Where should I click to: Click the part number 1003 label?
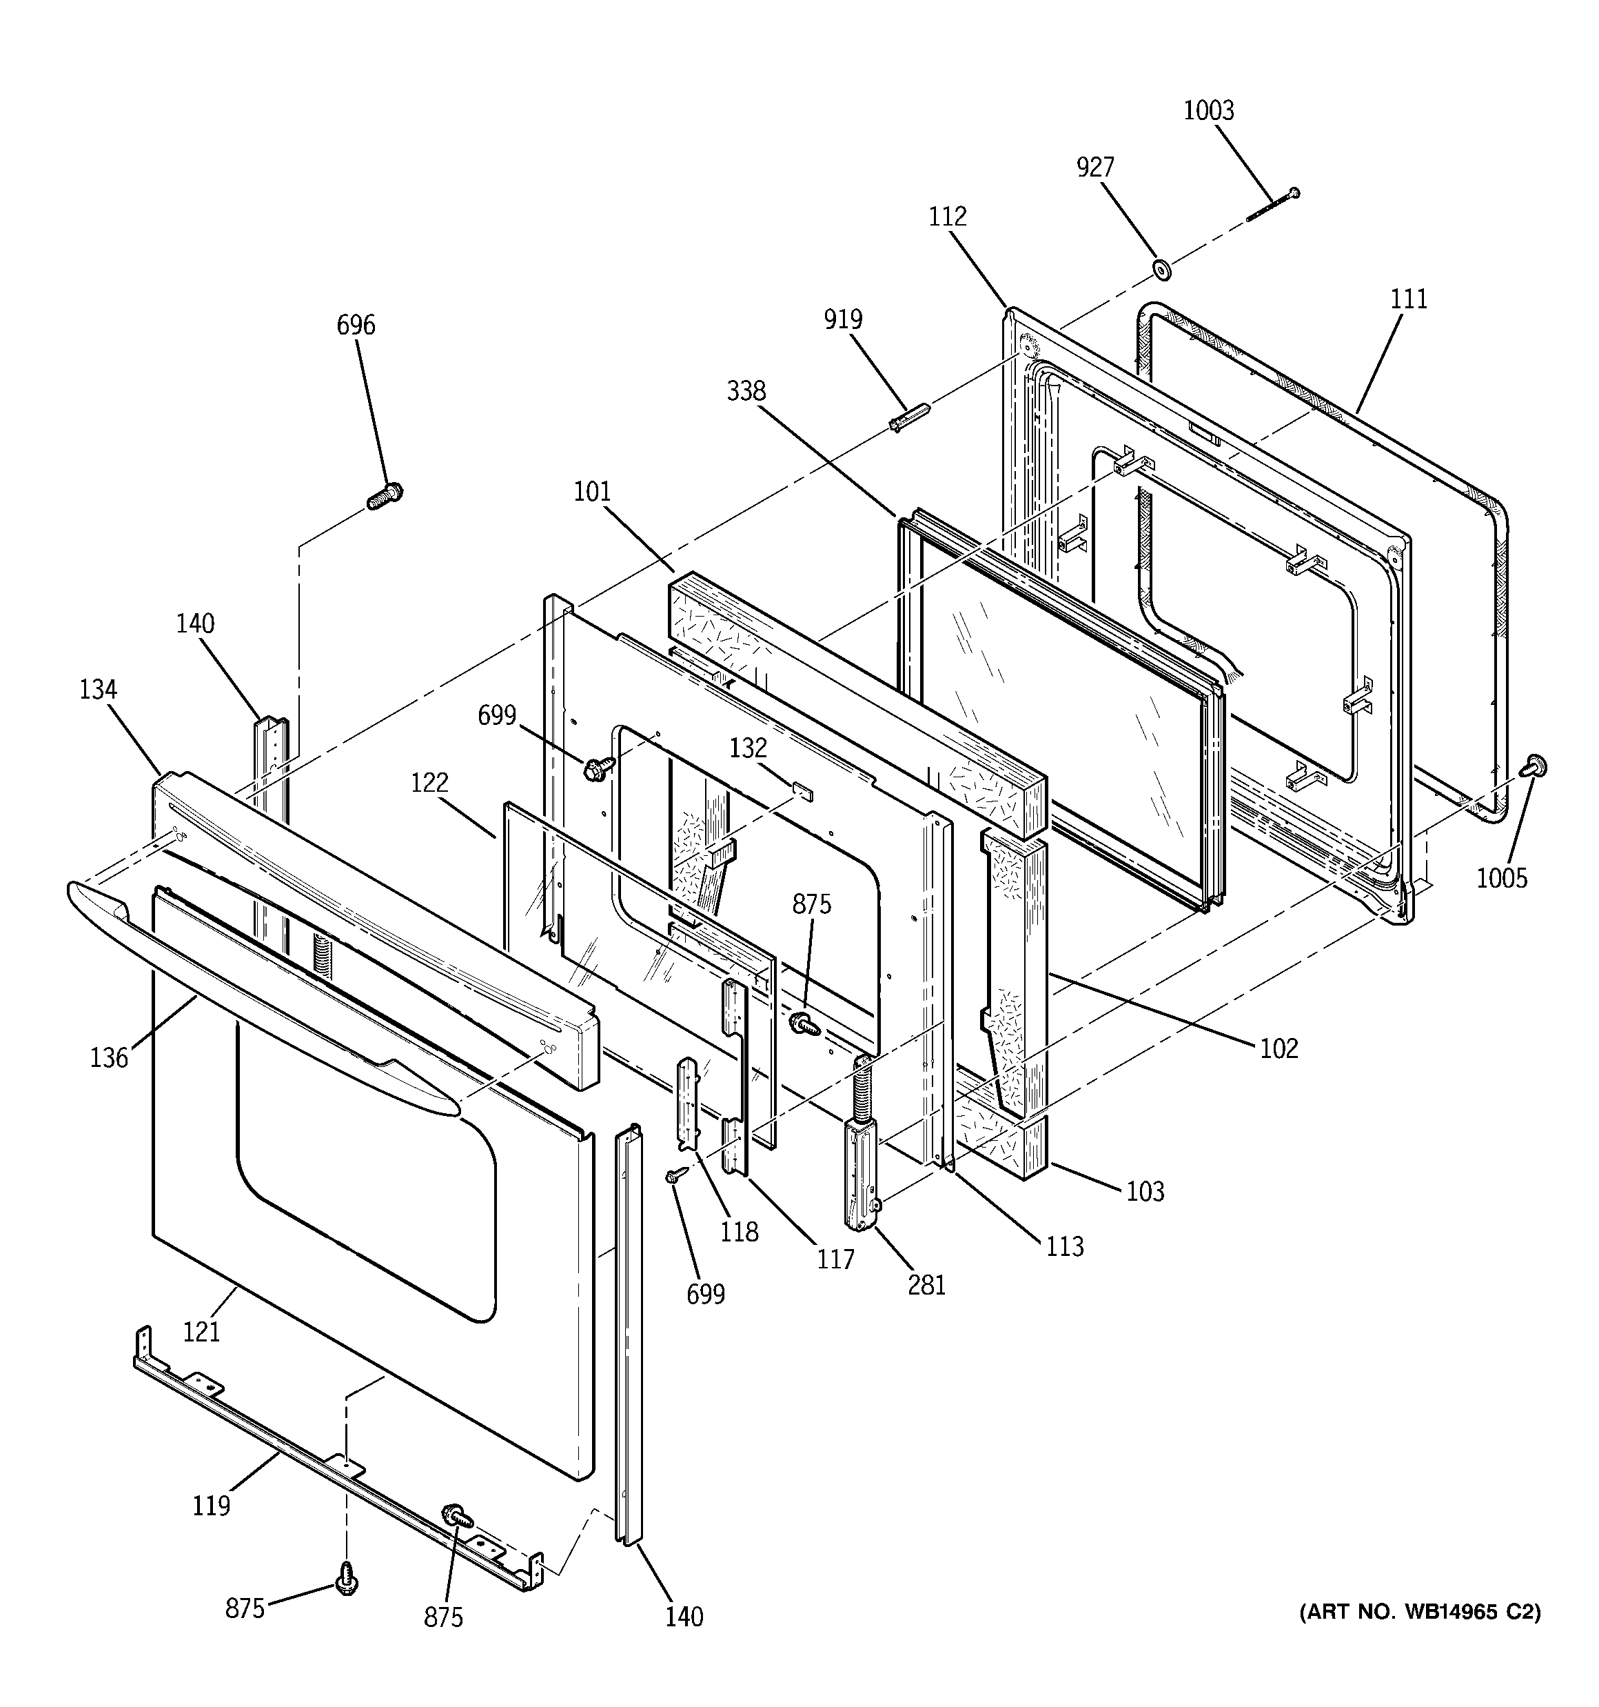1208,111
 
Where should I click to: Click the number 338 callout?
746,392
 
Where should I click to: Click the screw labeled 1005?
1532,765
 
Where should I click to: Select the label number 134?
98,690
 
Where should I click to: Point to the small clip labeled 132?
802,788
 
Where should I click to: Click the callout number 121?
201,1332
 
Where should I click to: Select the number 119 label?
211,1505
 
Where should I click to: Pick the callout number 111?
1407,299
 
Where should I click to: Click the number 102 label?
1278,1048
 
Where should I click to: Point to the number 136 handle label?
109,1058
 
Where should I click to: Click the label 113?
1064,1246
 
